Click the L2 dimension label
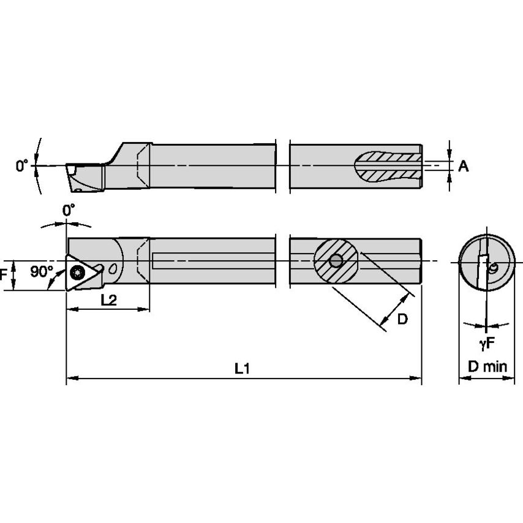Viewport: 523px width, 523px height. pyautogui.click(x=108, y=299)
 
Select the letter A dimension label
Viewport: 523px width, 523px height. pyautogui.click(x=463, y=166)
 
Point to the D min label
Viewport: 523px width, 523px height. pyautogui.click(x=487, y=367)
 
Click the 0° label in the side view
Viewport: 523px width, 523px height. pyautogui.click(x=22, y=166)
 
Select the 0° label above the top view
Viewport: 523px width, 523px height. pyautogui.click(x=69, y=210)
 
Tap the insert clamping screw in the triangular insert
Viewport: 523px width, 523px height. pyautogui.click(x=78, y=272)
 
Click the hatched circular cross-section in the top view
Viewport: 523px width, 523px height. pyautogui.click(x=335, y=261)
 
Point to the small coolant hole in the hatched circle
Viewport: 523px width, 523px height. pyautogui.click(x=335, y=261)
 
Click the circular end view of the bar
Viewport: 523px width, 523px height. pyautogui.click(x=487, y=262)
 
